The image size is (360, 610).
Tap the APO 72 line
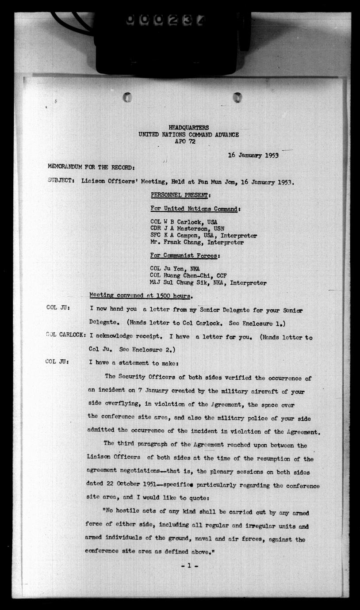click(188, 141)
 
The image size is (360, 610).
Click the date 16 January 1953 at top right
click(253, 155)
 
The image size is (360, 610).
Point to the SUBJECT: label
click(61, 182)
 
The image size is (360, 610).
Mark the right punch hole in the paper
click(237, 97)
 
